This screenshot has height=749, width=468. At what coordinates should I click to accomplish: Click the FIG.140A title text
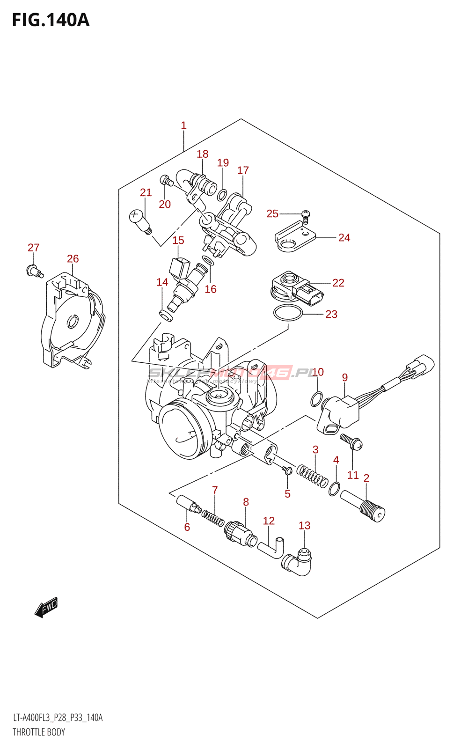pyautogui.click(x=51, y=20)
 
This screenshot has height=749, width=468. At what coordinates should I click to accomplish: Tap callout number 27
pyautogui.click(x=33, y=248)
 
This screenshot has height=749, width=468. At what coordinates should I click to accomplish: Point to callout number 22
pyautogui.click(x=338, y=283)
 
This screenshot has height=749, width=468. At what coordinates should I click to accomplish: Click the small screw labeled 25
pyautogui.click(x=306, y=215)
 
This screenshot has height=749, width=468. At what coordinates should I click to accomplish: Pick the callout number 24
pyautogui.click(x=344, y=238)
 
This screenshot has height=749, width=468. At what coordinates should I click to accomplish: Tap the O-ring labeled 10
pyautogui.click(x=317, y=399)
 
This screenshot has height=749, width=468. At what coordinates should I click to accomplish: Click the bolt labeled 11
pyautogui.click(x=351, y=441)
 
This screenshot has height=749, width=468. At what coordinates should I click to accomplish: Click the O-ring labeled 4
pyautogui.click(x=334, y=489)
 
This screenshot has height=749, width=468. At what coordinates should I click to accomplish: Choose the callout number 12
pyautogui.click(x=269, y=521)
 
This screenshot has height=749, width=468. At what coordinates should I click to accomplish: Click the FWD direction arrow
pyautogui.click(x=46, y=607)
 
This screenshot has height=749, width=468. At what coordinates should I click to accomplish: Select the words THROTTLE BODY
pyautogui.click(x=39, y=732)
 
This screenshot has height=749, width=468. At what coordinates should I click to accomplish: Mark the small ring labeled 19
pyautogui.click(x=223, y=194)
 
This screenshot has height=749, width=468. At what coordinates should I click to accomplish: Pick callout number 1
pyautogui.click(x=183, y=125)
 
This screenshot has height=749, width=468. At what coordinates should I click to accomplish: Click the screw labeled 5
pyautogui.click(x=287, y=470)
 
